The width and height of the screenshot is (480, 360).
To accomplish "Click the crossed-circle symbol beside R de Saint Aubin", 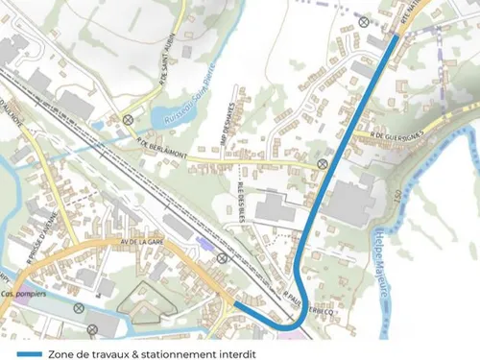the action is pyautogui.click(x=128, y=120).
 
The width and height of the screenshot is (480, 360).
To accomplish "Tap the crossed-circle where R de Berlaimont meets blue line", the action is pyautogui.click(x=323, y=164).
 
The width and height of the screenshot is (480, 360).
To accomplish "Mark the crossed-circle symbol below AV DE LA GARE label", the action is pyautogui.click(x=222, y=257).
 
